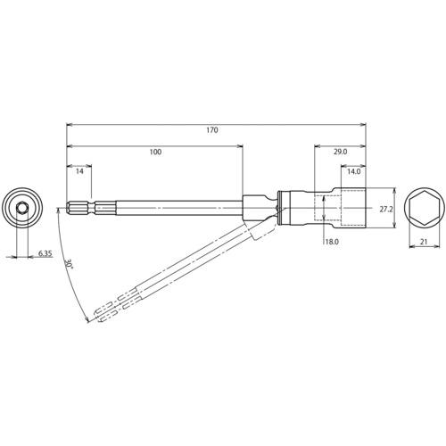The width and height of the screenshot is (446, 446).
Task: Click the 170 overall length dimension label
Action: (x=212, y=130)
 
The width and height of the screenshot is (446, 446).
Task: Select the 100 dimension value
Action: (x=155, y=153)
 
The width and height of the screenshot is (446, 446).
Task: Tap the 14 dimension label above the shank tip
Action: (x=79, y=171)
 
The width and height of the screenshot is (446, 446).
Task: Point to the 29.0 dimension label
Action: (x=340, y=152)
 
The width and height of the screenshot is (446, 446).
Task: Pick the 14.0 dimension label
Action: (x=354, y=171)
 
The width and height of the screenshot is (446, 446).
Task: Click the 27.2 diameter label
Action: (x=386, y=209)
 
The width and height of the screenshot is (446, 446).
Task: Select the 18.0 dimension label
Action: (x=332, y=242)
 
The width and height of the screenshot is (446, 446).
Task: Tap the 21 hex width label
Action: (x=424, y=242)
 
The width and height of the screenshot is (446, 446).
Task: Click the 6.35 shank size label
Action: (x=45, y=253)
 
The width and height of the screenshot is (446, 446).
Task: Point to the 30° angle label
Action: (x=69, y=264)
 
